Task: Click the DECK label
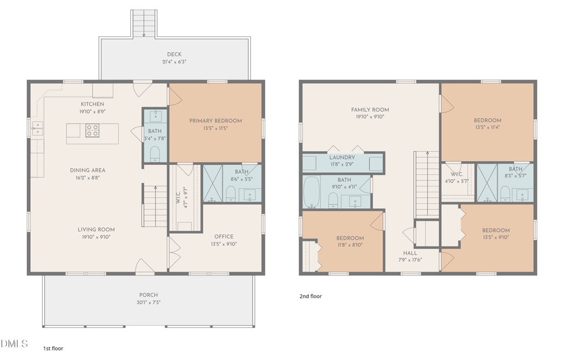174,54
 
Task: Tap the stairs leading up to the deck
144,24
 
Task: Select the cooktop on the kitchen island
92,131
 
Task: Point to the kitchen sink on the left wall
38,129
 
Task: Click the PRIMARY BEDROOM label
215,121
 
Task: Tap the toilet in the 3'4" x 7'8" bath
155,153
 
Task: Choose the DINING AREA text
86,170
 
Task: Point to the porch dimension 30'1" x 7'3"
149,302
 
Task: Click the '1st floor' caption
53,347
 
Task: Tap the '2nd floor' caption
310,296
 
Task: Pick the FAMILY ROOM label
370,109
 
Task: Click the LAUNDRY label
342,157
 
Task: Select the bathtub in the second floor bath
311,193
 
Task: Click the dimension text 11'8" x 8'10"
349,245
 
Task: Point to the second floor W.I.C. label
456,174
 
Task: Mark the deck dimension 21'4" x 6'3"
174,61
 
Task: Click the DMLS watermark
14,343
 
